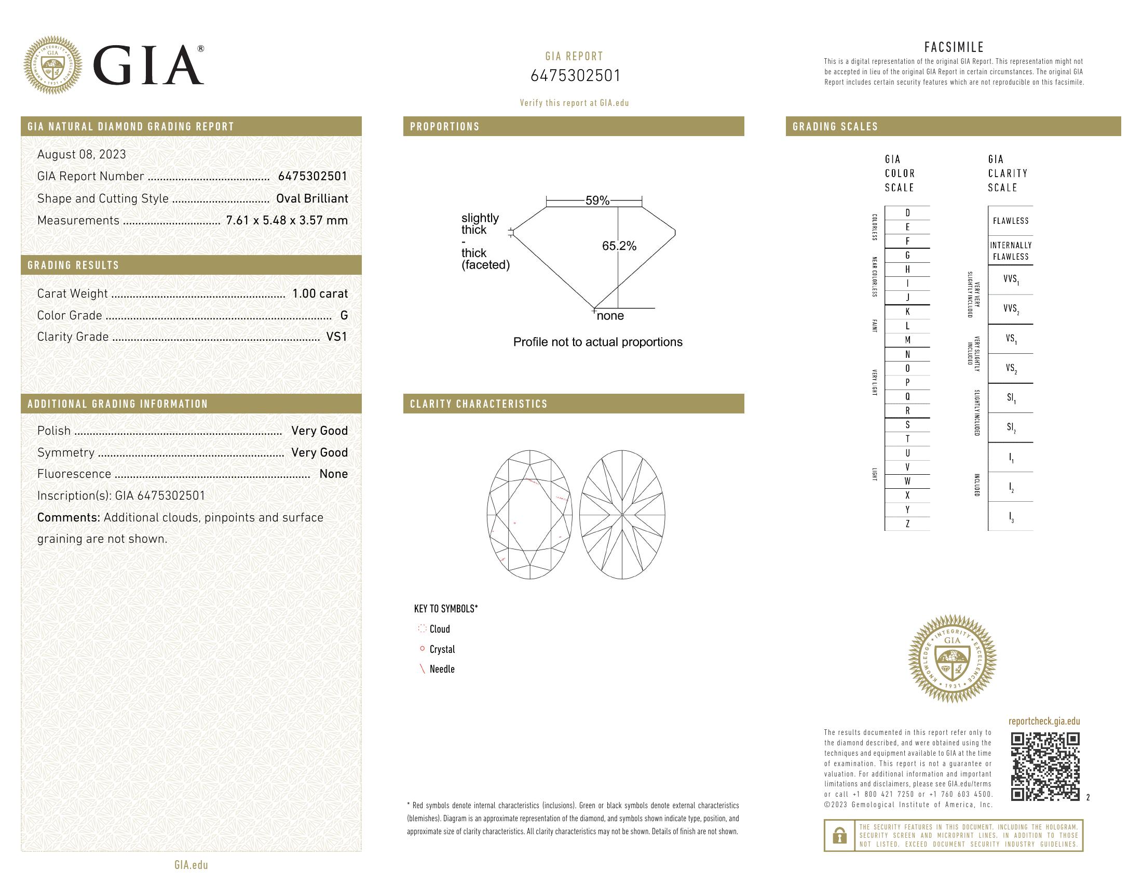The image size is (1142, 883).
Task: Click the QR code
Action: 1045,766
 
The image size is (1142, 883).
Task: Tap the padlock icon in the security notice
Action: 839,835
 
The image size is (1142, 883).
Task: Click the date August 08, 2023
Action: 81,154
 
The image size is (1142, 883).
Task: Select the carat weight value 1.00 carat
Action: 319,293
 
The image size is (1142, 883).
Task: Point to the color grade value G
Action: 344,315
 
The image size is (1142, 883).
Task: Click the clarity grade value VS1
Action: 336,337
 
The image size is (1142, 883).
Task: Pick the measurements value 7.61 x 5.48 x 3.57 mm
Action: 287,220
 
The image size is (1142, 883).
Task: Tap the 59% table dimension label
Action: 597,200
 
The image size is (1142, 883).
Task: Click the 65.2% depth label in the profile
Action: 619,246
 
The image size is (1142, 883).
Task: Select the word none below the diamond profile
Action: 610,316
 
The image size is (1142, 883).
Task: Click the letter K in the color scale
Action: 907,312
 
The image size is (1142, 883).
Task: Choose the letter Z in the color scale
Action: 907,524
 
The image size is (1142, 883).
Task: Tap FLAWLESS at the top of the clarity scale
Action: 1010,221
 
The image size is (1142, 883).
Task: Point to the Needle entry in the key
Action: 441,669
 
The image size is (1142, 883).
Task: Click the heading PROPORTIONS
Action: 444,127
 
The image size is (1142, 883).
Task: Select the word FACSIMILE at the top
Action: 954,47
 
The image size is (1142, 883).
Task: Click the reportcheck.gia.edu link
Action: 1044,721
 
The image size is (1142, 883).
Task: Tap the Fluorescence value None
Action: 333,474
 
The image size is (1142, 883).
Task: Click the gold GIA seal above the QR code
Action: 951,658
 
